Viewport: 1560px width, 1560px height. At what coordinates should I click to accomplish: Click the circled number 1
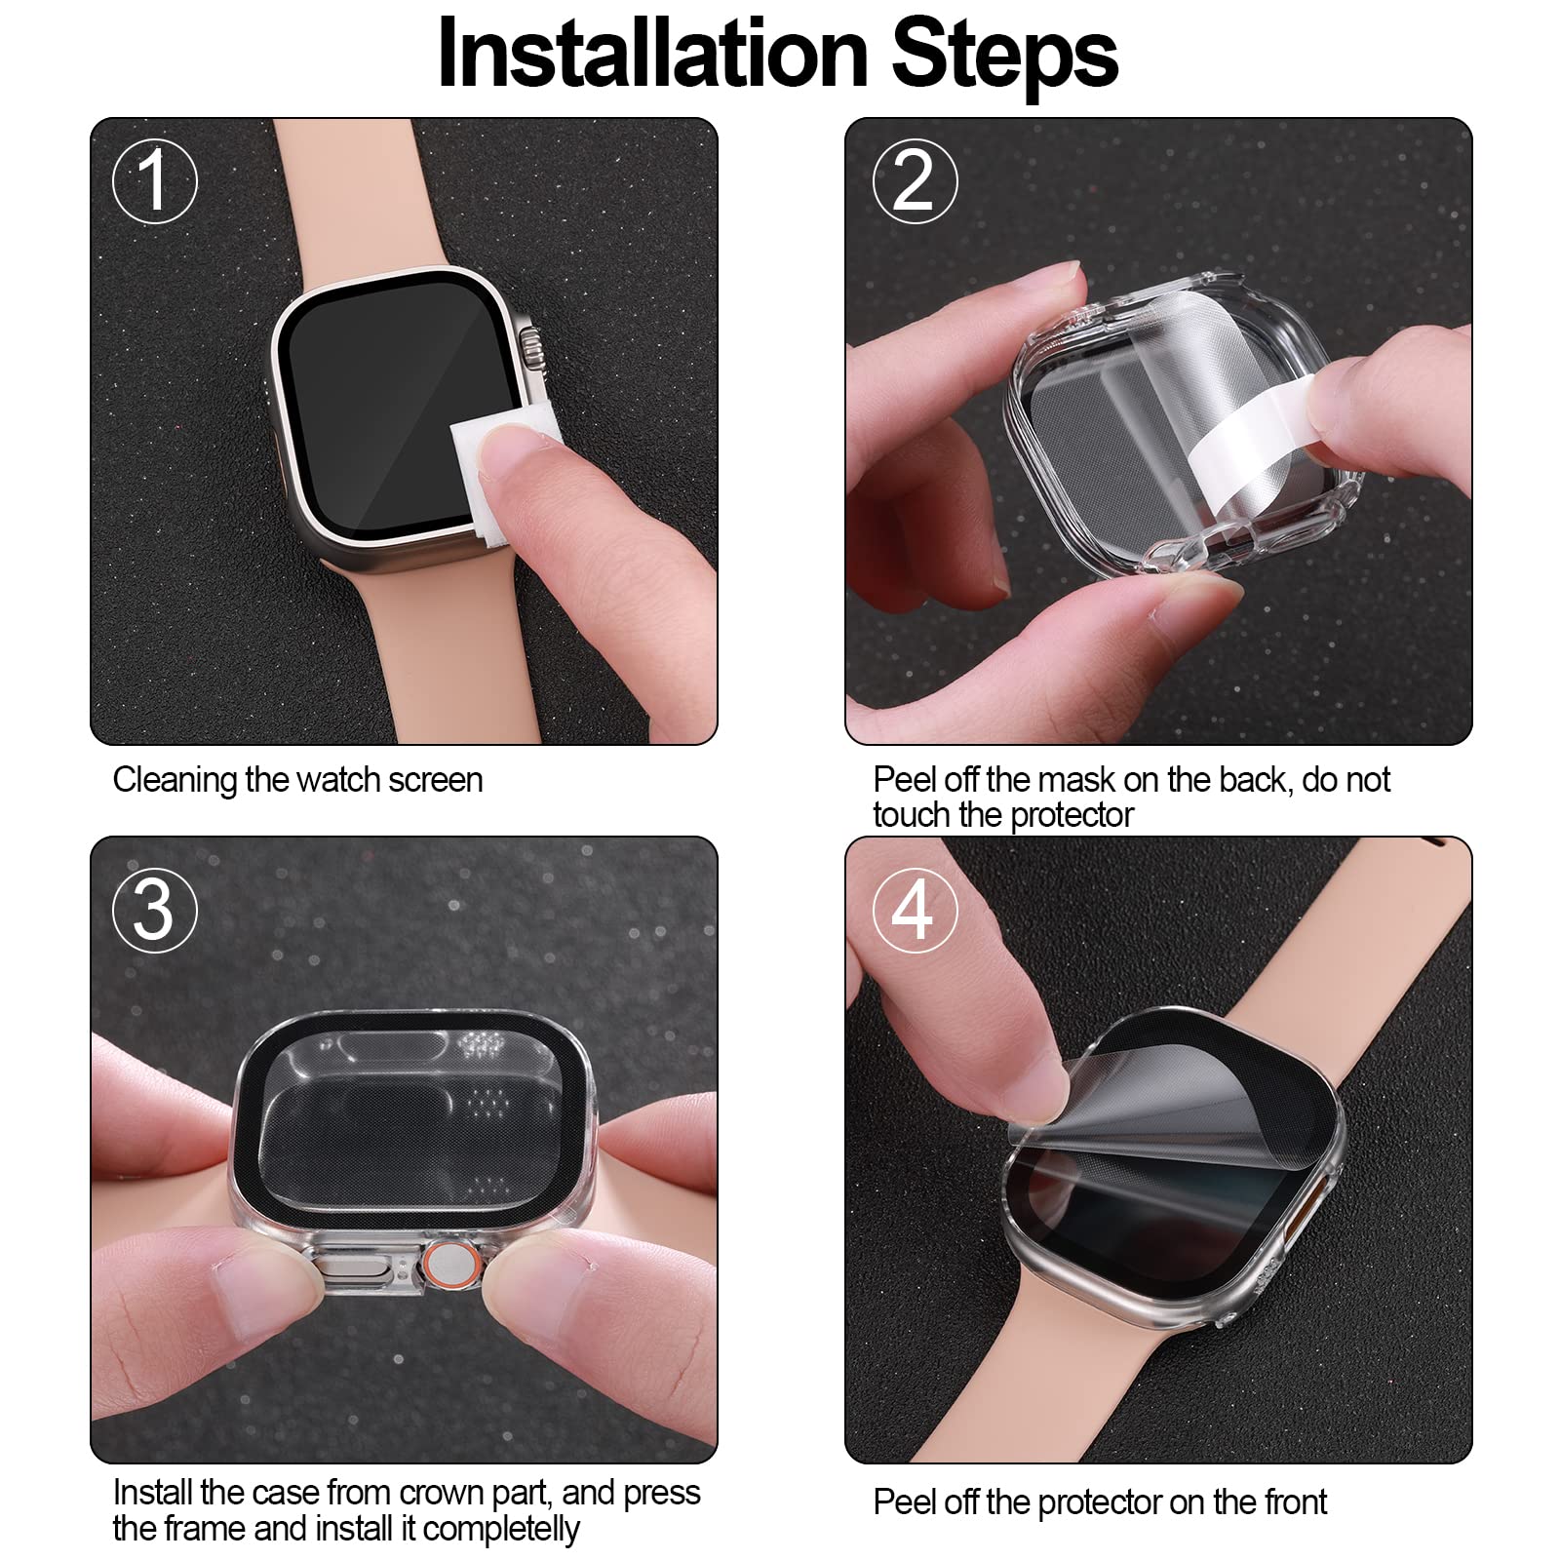pos(154,181)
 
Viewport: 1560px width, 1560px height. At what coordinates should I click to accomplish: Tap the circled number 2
pos(914,181)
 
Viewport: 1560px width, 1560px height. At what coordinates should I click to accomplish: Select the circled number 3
pos(154,910)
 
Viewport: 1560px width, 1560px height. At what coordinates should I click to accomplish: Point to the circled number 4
pos(914,910)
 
